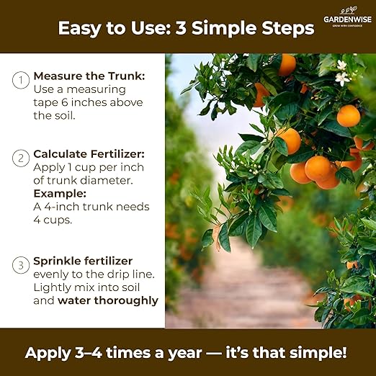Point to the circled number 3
[x=20, y=265]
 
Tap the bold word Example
[x=58, y=194]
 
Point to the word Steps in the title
[x=288, y=28]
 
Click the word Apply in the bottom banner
[x=46, y=353]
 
